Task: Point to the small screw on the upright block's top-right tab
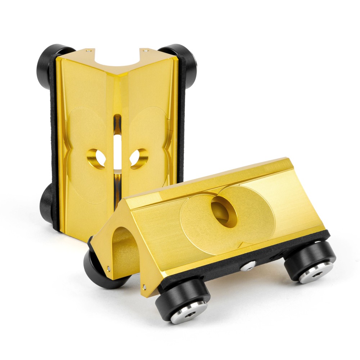point(145,51)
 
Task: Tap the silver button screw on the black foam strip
point(248,266)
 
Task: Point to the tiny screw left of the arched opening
point(109,268)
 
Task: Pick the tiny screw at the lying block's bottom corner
point(144,287)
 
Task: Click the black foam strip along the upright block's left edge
point(54,144)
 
